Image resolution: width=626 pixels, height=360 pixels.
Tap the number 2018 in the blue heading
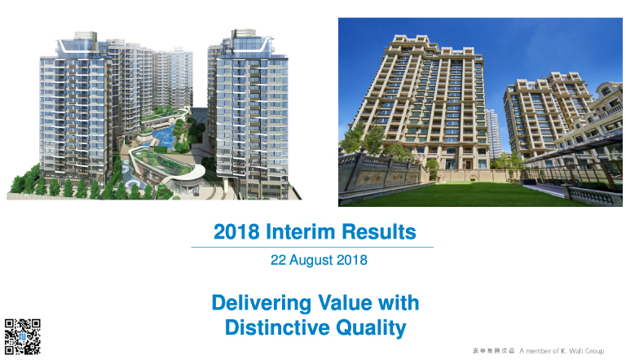pos(236,232)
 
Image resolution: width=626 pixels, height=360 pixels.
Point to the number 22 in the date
pos(278,260)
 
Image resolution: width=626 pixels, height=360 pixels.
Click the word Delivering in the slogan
pos(261,303)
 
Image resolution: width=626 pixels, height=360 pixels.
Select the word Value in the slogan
pos(344,302)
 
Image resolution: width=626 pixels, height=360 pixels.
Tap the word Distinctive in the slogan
pos(277,327)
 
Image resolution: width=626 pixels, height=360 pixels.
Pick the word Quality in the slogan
pos(371,328)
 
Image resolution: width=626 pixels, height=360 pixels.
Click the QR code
pos(23,336)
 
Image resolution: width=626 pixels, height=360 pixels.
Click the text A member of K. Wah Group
pos(562,351)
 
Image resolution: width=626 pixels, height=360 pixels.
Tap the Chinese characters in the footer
pos(493,351)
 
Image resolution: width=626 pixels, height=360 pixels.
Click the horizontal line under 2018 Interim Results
pos(312,248)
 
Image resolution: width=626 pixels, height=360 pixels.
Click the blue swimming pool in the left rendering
pos(164,136)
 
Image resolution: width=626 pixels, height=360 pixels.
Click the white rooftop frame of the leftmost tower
pos(77,45)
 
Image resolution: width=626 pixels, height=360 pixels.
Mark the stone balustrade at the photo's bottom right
pos(593,195)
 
